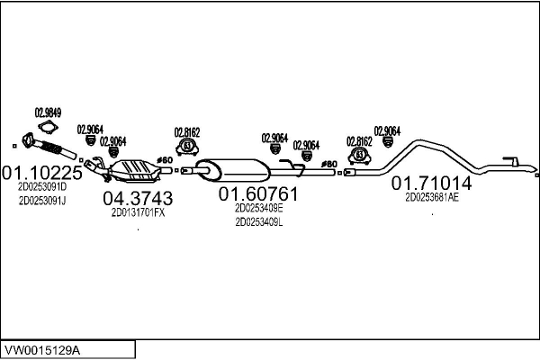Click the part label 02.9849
(48, 112)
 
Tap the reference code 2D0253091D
(41, 186)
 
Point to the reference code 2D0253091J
(41, 200)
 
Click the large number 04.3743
(138, 198)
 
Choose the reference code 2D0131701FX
(138, 213)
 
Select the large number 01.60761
(258, 193)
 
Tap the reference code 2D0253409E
(258, 207)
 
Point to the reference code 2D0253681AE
(432, 197)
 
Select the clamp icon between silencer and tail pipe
(360, 154)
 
